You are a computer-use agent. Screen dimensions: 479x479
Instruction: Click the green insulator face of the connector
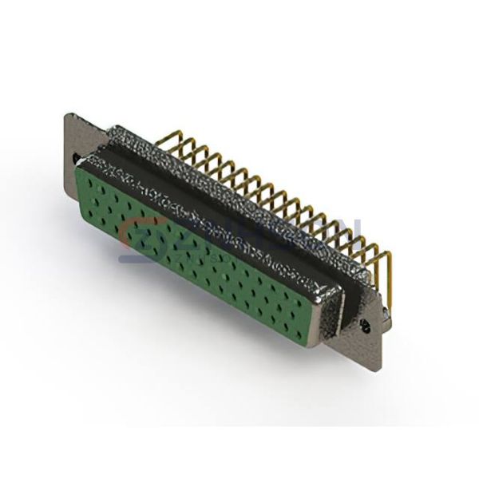[x=200, y=247]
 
